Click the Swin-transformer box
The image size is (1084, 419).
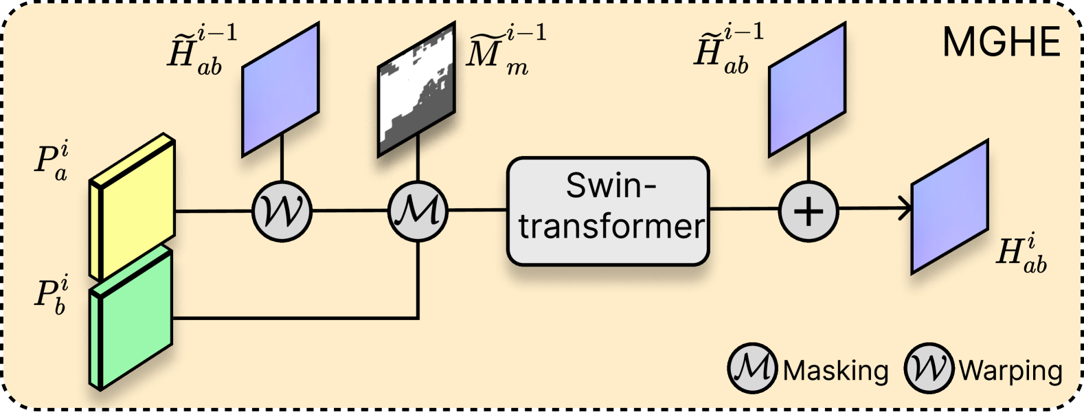pos(608,211)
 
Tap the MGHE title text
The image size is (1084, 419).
pos(1002,43)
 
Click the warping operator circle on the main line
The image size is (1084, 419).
pos(282,211)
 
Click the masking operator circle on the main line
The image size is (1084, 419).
pos(418,211)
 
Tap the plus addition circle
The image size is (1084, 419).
pos(809,211)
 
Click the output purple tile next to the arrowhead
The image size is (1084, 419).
pos(949,207)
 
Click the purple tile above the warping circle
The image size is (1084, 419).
pos(281,89)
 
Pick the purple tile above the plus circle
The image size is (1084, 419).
pos(806,89)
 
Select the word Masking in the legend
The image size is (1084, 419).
pos(835,371)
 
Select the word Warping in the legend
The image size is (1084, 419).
pos(1010,371)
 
